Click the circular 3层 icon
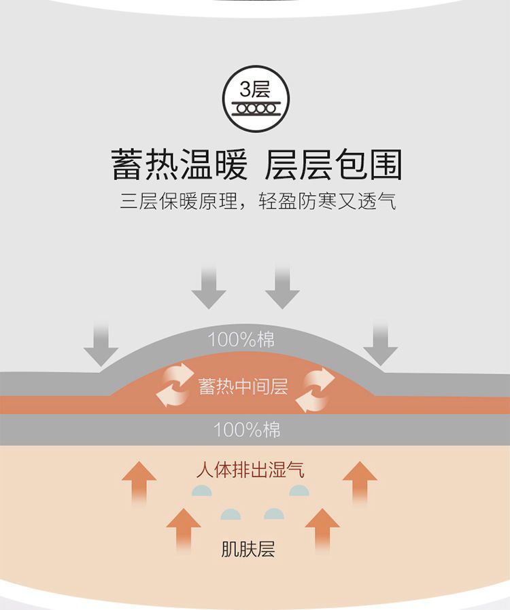click(x=255, y=97)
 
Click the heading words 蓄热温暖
click(x=180, y=165)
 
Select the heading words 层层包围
click(x=334, y=165)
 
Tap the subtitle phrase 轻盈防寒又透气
click(x=328, y=202)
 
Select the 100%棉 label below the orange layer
click(x=246, y=429)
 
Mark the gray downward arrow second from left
click(x=208, y=287)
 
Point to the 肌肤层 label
click(x=248, y=549)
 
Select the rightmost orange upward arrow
click(x=360, y=481)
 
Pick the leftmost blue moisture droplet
click(x=202, y=490)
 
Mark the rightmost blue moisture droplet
click(x=300, y=490)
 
